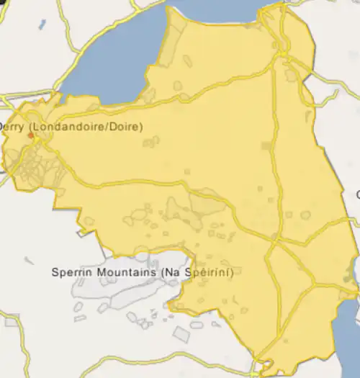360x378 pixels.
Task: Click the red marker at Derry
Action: pos(30,134)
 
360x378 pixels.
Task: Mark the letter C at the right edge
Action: pos(357,194)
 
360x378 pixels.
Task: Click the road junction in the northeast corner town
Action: pos(285,53)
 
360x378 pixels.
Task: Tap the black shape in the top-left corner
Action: pos(4,4)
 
